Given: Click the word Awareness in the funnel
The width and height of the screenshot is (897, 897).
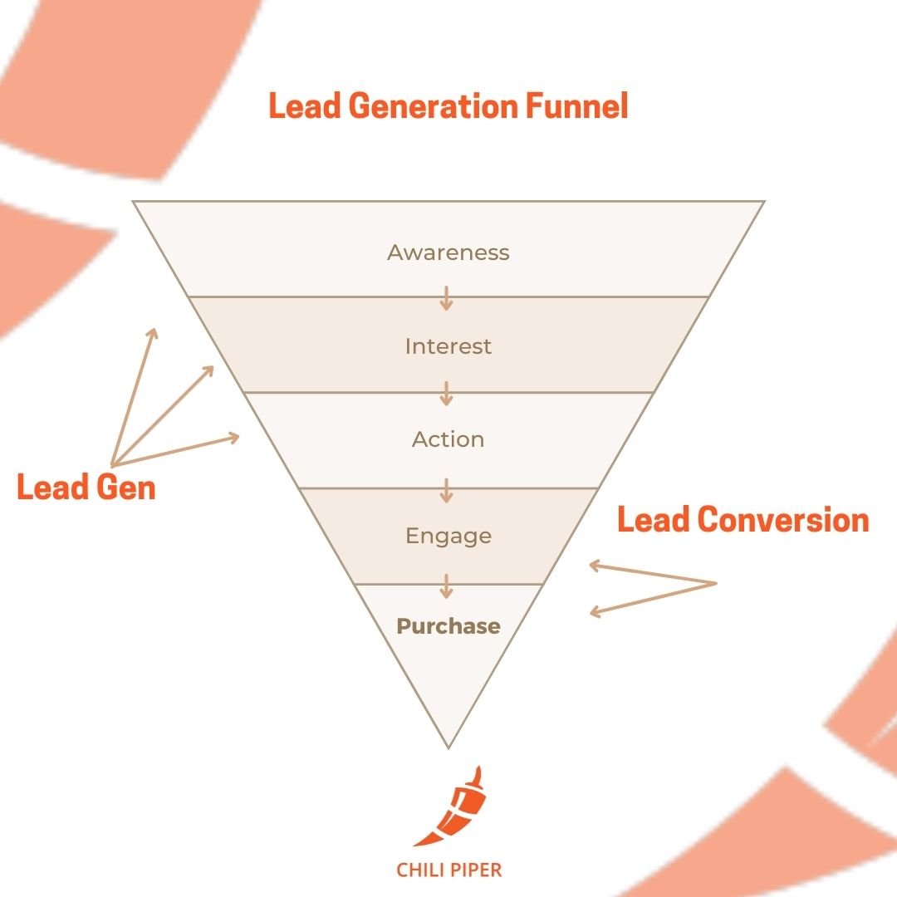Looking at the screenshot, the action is [448, 252].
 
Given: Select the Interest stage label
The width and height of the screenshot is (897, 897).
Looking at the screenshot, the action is [448, 346].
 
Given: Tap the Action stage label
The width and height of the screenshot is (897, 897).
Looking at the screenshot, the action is [448, 439].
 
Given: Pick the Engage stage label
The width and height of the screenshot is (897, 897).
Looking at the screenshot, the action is [448, 536].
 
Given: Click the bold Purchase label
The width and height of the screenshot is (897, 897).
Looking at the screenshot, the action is [448, 626].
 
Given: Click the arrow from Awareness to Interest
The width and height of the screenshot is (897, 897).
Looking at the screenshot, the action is [447, 298].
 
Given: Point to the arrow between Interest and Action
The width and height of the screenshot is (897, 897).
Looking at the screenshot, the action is [447, 394].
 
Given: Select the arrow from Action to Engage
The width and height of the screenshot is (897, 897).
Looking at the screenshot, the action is [447, 490].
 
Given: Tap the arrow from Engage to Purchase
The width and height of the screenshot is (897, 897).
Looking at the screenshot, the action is [447, 586].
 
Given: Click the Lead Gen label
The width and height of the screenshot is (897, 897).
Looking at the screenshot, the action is [86, 488].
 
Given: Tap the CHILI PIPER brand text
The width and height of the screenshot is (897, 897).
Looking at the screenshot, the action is [448, 870].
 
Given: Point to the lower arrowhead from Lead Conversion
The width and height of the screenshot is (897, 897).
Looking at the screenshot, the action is [594, 613].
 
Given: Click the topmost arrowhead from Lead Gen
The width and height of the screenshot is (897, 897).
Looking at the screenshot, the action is [152, 331].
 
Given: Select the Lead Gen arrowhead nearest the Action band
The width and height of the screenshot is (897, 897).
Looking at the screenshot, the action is [236, 436].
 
